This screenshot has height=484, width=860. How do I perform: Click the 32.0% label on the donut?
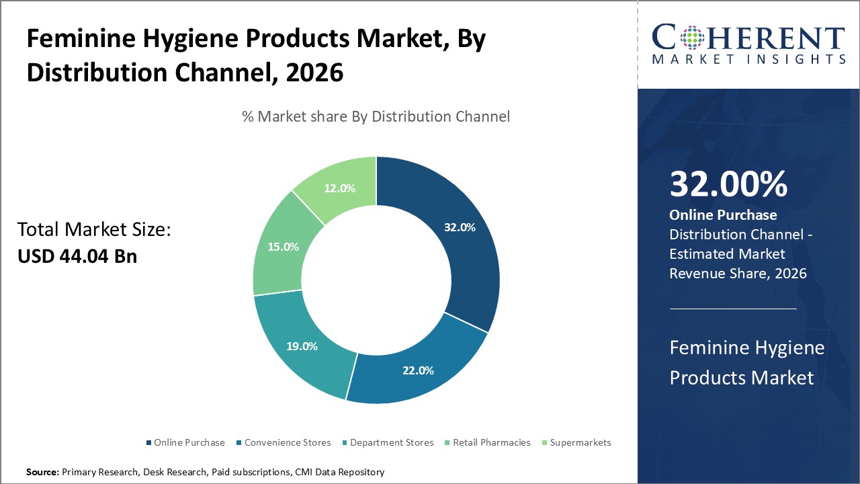pos(460,227)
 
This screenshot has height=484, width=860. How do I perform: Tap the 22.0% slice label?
pos(417,370)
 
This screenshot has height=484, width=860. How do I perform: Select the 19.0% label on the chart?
pos(301,346)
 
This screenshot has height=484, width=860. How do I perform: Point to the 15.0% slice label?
pos(282,247)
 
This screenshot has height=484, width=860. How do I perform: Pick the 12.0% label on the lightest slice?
pos(339,188)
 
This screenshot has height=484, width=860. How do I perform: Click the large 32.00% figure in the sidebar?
pos(728,184)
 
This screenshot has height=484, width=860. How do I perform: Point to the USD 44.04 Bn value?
pos(77,256)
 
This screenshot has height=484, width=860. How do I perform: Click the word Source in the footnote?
pos(42,473)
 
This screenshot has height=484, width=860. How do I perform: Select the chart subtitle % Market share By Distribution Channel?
pos(376,116)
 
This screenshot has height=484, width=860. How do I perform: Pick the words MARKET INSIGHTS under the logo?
pos(748,60)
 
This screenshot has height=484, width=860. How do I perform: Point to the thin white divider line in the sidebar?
pos(733,309)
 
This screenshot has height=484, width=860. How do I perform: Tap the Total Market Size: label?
pos(95,230)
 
